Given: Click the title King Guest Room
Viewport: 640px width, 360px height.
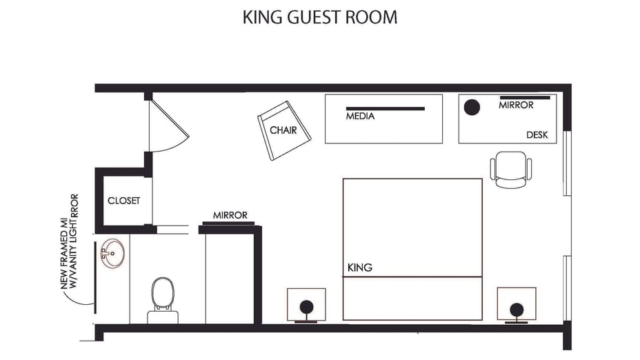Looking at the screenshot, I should tap(319, 17).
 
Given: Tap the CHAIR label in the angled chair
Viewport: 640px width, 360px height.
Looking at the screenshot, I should tap(283, 130).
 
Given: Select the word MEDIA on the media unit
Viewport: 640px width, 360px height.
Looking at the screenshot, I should tap(360, 117).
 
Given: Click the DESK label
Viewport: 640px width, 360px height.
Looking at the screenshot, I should tap(537, 135).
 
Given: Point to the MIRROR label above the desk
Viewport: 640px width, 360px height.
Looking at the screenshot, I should tap(516, 106).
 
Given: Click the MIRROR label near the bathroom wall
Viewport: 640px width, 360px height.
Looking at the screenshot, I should tap(230, 215).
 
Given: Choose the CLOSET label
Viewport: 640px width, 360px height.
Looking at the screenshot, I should tap(124, 201).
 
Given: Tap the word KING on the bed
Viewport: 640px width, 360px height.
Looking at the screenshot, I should tap(360, 268).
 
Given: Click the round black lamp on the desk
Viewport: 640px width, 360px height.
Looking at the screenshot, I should tap(472, 108).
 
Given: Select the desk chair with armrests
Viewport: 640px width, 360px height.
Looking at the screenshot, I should tap(511, 170).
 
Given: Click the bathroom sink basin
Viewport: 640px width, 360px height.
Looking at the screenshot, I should tap(110, 253).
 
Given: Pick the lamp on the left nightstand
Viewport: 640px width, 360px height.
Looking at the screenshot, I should tap(306, 308).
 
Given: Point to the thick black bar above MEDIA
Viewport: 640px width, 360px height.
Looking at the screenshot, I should tap(385, 108).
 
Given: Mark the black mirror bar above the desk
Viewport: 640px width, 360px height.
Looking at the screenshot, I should tap(525, 97).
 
